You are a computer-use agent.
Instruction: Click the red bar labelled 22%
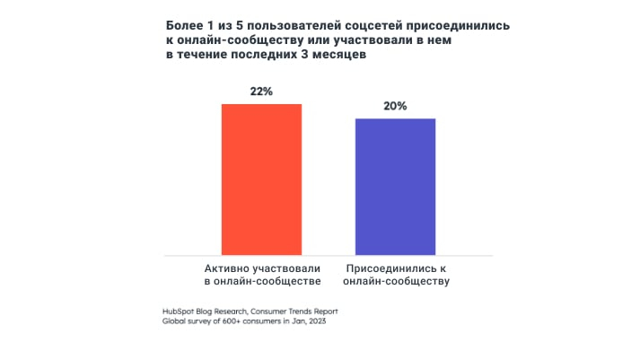pyautogui.click(x=261, y=180)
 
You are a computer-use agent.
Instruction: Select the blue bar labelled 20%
pyautogui.click(x=395, y=187)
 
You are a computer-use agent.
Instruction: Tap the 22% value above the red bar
pyautogui.click(x=261, y=92)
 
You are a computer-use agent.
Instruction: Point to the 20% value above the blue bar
pyautogui.click(x=395, y=106)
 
